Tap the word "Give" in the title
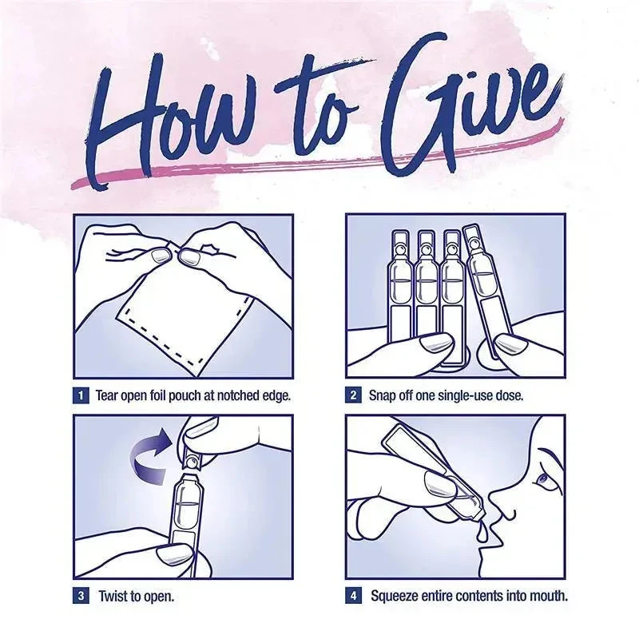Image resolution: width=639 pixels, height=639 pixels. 469,106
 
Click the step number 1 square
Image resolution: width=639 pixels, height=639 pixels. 81,395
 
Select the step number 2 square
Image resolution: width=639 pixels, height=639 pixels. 353,395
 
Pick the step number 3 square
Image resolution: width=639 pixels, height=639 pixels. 81,596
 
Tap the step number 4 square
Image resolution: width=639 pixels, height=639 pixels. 353,596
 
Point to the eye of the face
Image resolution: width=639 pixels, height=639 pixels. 542,478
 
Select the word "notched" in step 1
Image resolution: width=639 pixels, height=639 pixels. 237,395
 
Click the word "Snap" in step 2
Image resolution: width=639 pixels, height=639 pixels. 383,395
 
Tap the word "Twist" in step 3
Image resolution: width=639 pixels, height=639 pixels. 113,596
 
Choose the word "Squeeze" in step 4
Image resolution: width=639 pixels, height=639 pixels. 395,596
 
